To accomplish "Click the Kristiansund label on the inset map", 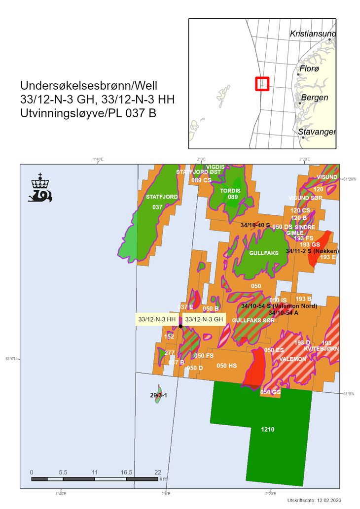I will tap(313, 34).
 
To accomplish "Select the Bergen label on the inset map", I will tap(315, 98).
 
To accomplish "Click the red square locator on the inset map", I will tap(262, 84).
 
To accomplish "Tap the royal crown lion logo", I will tap(40, 188).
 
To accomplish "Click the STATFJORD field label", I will tap(161, 197).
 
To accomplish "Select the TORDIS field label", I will tap(230, 190).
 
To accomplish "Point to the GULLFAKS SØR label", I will tap(253, 320).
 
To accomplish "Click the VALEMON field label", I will tap(292, 359).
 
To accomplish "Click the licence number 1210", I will tap(268, 429).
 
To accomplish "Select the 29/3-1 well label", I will tap(158, 395).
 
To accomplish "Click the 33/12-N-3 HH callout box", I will tap(157, 319).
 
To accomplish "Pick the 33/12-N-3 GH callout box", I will tap(204, 319).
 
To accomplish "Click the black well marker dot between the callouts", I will tap(180, 326).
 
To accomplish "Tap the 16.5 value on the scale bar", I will tap(126, 472).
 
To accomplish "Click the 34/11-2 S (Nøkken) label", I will tap(312, 251).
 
